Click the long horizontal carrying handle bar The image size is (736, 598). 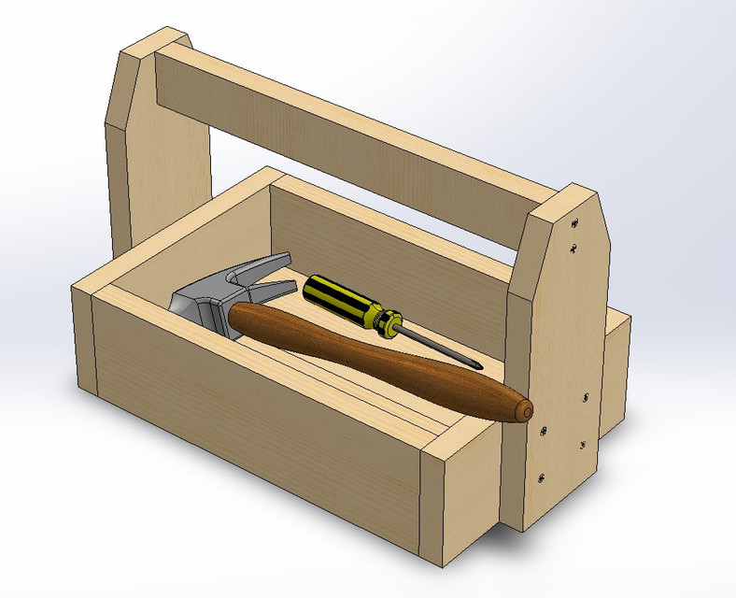355,131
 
